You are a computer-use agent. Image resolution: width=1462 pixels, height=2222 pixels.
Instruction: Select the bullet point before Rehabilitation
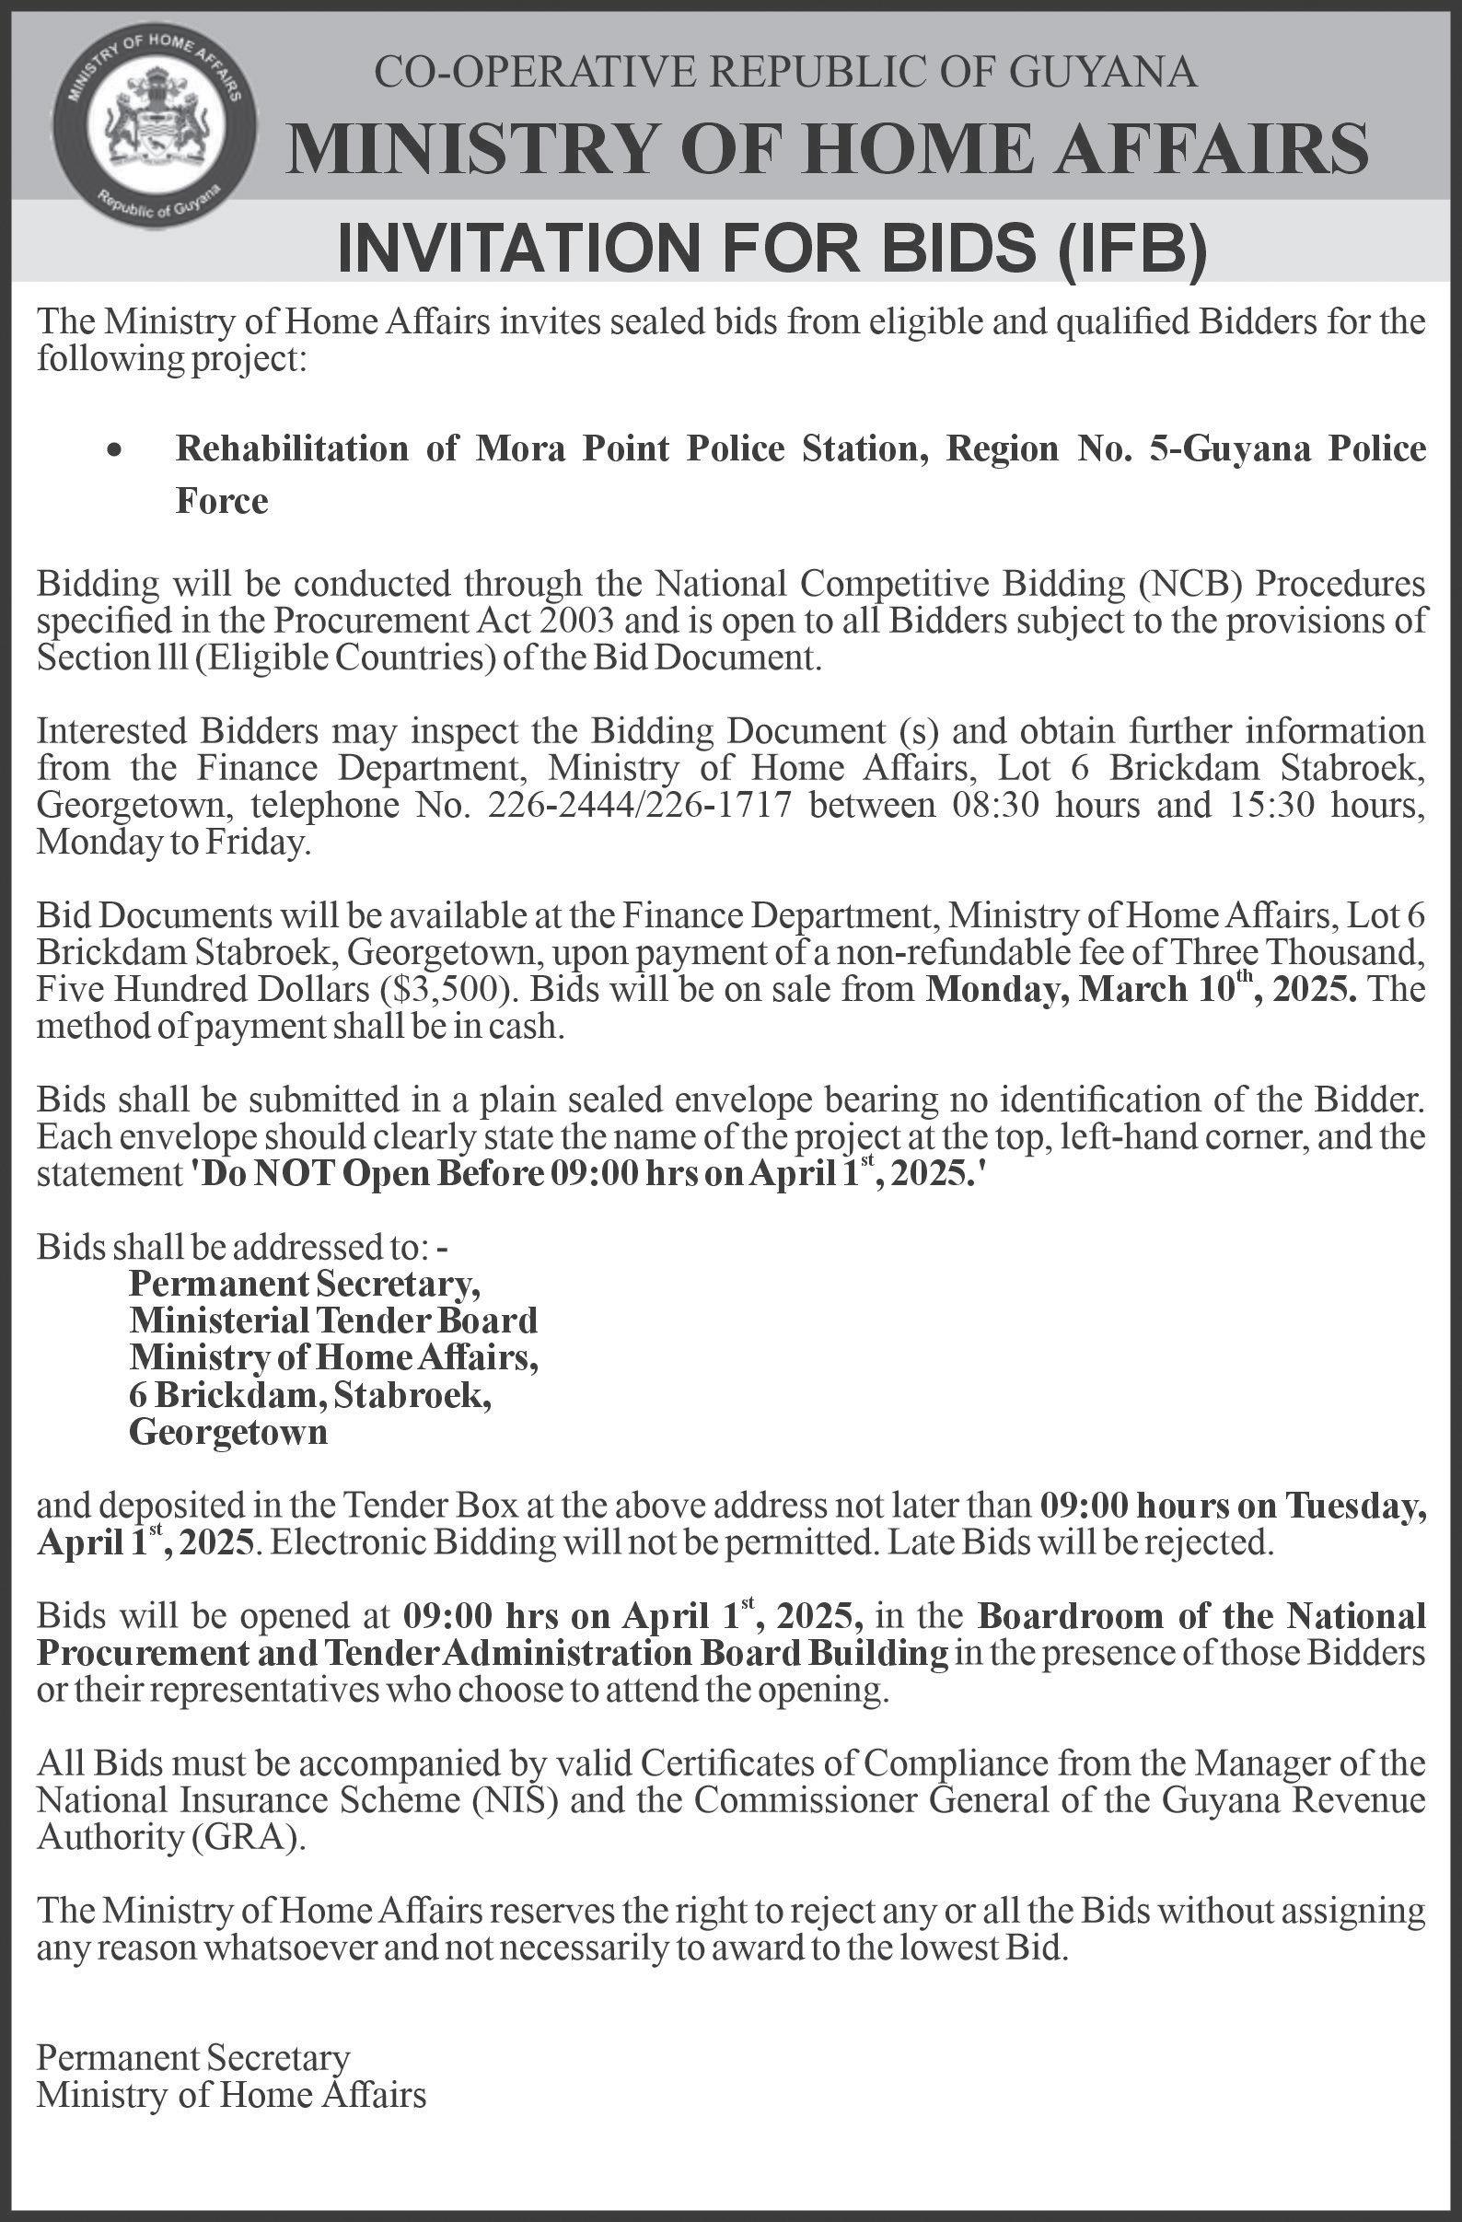click(114, 451)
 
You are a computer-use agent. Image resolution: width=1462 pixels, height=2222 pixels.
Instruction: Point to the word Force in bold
click(222, 501)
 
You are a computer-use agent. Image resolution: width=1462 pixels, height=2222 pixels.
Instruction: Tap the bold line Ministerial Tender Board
click(333, 1320)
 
